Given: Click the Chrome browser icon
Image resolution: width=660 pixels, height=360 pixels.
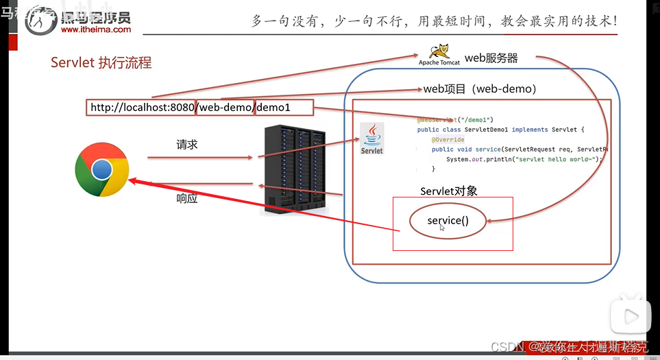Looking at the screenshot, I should click(102, 169).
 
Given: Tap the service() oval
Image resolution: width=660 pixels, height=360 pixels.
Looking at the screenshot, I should click(448, 221).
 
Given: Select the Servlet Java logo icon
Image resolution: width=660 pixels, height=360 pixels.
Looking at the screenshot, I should click(372, 138).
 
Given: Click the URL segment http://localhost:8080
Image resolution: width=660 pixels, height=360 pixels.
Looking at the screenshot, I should click(142, 108).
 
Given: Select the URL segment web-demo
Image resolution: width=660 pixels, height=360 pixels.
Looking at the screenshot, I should click(225, 108).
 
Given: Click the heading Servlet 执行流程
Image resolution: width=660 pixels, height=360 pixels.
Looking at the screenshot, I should click(101, 63).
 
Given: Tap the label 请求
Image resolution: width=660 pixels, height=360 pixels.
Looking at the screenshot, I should click(187, 145).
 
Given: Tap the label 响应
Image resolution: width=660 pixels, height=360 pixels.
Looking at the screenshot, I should click(187, 199).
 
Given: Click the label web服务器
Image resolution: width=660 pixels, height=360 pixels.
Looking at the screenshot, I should click(491, 58).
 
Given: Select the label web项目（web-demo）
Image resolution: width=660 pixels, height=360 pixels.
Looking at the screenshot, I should click(480, 89).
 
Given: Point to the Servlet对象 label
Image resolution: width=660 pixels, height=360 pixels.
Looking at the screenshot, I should click(448, 191).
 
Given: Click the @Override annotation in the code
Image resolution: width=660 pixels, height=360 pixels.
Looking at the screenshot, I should click(448, 140).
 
